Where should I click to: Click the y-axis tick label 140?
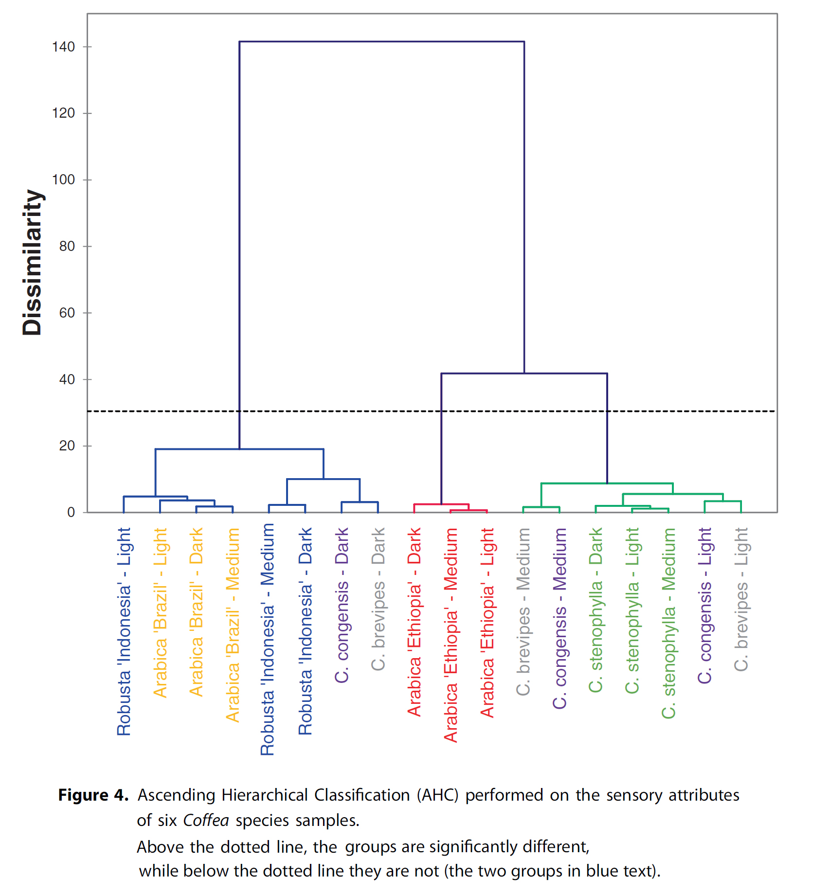63,47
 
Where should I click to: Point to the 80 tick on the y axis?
67,247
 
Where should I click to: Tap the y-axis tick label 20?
67,446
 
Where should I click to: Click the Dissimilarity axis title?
33,263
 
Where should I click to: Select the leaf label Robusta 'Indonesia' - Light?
124,631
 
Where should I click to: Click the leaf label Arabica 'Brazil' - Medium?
233,625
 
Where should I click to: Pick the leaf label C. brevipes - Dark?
378,599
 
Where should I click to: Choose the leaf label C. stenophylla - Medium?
669,623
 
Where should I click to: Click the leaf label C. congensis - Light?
705,605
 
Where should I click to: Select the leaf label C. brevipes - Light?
741,599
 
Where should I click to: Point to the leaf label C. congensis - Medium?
560,618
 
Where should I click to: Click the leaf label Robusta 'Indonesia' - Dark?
306,631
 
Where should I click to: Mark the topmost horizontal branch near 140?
381,42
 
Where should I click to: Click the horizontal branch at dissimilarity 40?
524,374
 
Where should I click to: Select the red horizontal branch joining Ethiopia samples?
441,504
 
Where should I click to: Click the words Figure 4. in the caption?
93,795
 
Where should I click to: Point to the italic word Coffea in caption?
206,821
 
